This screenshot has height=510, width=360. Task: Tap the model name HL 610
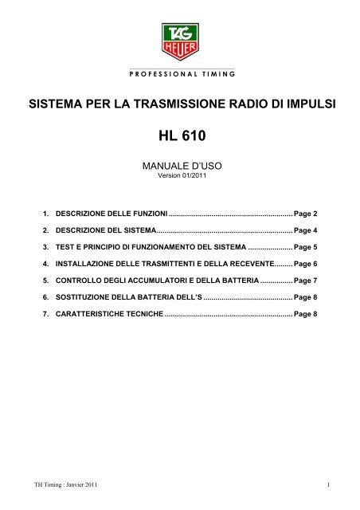pos(180,137)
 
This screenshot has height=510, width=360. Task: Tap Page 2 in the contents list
pos(306,214)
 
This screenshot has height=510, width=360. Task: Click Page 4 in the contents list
pos(306,230)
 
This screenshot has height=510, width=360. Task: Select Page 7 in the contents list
pos(306,280)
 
